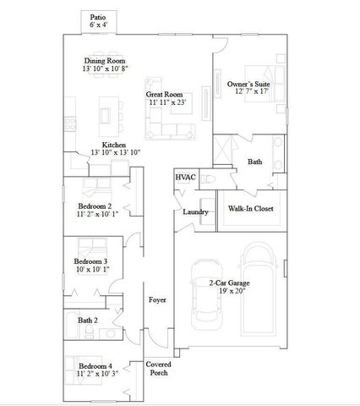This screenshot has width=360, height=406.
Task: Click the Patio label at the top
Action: tap(99, 17)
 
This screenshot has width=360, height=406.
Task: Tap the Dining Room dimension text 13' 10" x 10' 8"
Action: tap(106, 69)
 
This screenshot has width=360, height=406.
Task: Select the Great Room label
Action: tap(165, 94)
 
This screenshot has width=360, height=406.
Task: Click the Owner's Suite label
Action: tap(248, 85)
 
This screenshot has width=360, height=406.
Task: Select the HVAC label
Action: tap(186, 178)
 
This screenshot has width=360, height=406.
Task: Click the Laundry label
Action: tap(196, 211)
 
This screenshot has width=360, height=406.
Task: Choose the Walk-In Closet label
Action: tap(249, 207)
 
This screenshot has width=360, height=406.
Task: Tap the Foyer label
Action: tap(157, 300)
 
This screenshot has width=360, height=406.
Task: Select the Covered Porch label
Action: tap(158, 369)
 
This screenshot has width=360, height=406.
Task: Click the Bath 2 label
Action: tap(89, 321)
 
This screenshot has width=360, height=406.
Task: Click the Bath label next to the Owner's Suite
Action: tap(254, 162)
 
